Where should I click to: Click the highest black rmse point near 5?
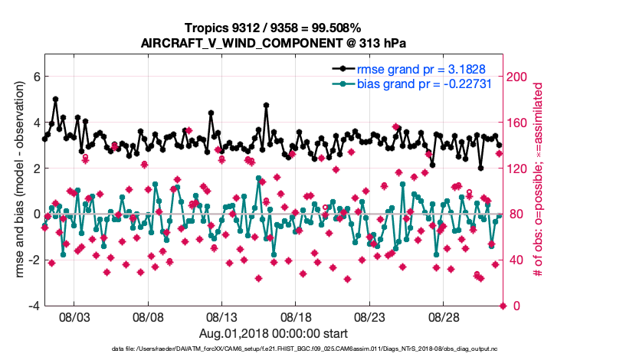coord(56,100)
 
